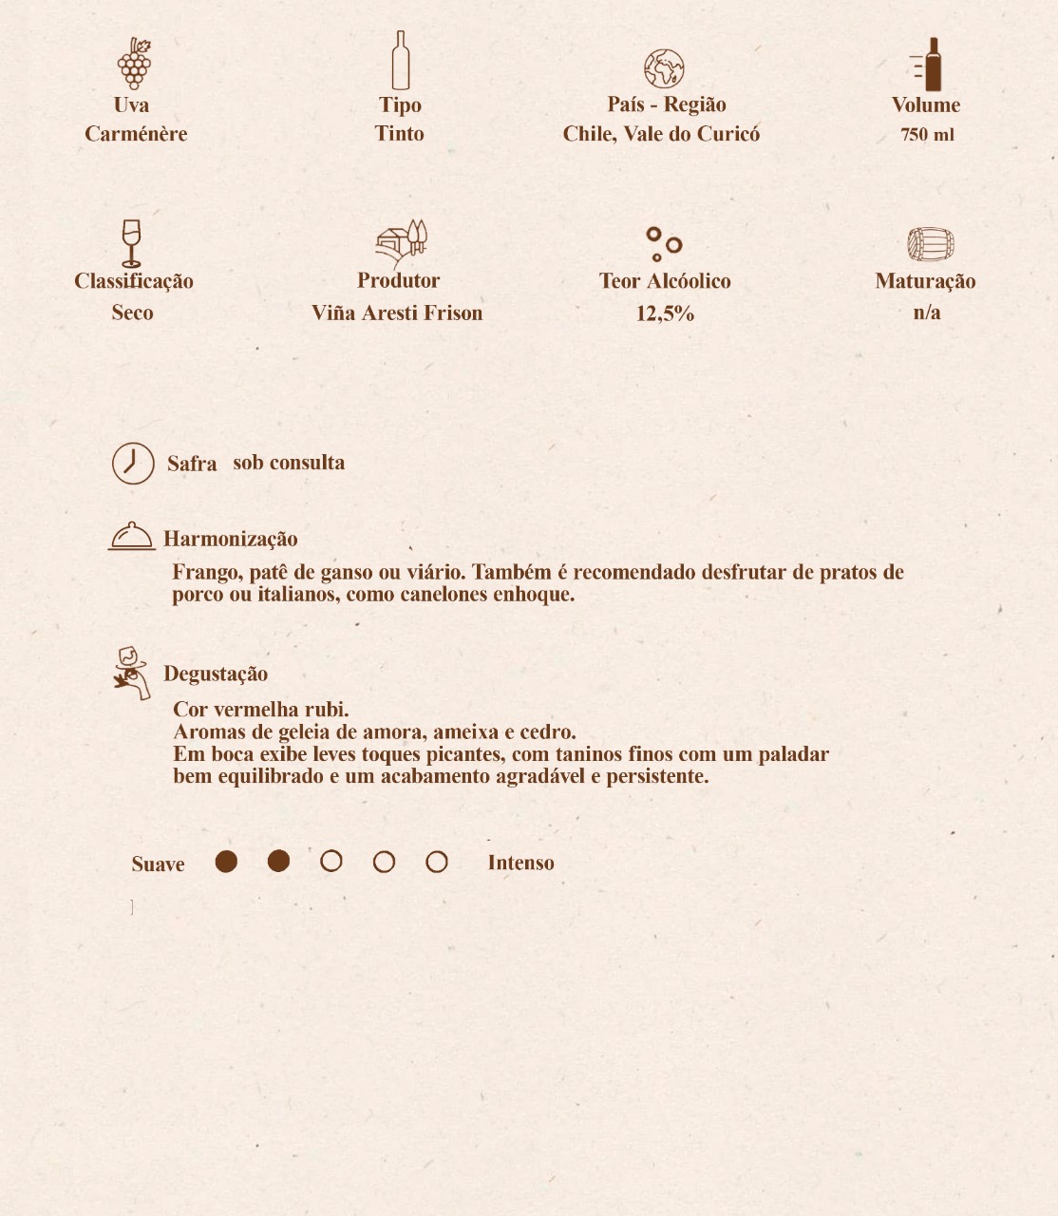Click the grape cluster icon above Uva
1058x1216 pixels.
pyautogui.click(x=134, y=63)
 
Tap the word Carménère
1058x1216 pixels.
pyautogui.click(x=136, y=134)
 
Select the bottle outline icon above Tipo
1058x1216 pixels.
pyautogui.click(x=400, y=61)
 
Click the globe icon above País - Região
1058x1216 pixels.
pyautogui.click(x=664, y=68)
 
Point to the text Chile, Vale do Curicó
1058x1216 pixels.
pyautogui.click(x=661, y=134)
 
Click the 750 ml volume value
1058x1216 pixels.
pyautogui.click(x=927, y=135)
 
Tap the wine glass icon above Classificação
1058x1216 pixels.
pyautogui.click(x=131, y=243)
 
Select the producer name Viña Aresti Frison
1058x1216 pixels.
pyautogui.click(x=397, y=313)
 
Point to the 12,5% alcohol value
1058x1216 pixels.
pyautogui.click(x=665, y=313)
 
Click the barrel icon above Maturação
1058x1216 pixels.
pyautogui.click(x=930, y=244)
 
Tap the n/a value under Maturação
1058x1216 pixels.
pyautogui.click(x=927, y=313)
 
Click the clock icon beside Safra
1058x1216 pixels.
pyautogui.click(x=133, y=464)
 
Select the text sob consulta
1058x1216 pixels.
pyautogui.click(x=289, y=463)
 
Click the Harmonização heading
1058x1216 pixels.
pyautogui.click(x=231, y=540)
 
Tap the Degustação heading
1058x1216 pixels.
pyautogui.click(x=216, y=674)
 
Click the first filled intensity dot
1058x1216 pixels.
pyautogui.click(x=226, y=862)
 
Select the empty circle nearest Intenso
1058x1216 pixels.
pyautogui.click(x=437, y=862)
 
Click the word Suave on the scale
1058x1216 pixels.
pyautogui.click(x=158, y=864)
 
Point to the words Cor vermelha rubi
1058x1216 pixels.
pyautogui.click(x=261, y=710)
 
